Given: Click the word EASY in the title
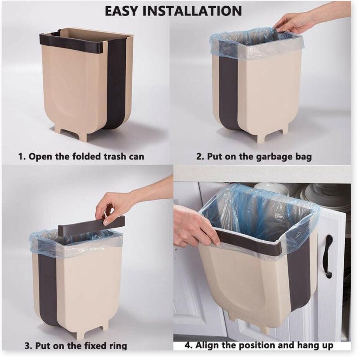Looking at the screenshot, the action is pyautogui.click(x=121, y=11).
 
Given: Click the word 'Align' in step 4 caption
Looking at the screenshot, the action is pyautogui.click(x=206, y=345).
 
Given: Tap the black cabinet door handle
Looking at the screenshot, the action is pyautogui.click(x=329, y=256).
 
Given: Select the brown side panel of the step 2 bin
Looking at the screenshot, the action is pyautogui.click(x=228, y=92).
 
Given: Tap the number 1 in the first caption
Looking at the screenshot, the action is pyautogui.click(x=21, y=156).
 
